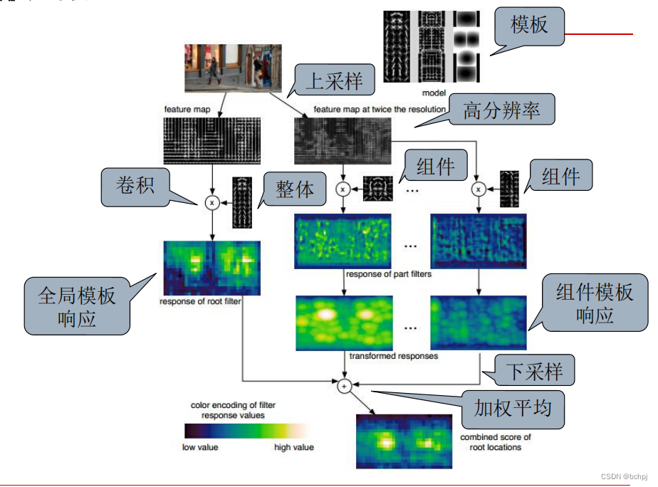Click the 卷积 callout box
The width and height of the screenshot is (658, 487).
tap(135, 187)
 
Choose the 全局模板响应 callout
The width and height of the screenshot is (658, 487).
tap(77, 305)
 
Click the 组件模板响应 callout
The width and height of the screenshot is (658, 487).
tap(594, 303)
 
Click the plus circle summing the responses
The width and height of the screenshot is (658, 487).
tap(344, 386)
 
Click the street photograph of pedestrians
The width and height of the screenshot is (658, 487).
tap(228, 68)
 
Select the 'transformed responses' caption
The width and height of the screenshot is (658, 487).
tap(394, 355)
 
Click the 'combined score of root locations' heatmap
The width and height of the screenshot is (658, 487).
tap(403, 441)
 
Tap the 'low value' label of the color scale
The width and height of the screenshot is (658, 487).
tap(200, 447)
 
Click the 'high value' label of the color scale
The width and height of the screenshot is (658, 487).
tap(294, 447)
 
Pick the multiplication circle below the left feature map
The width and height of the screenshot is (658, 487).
tap(211, 202)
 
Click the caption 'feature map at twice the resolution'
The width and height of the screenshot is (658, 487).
tap(380, 110)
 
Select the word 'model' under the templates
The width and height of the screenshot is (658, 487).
tap(433, 93)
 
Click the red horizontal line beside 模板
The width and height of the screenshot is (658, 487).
tap(599, 33)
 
